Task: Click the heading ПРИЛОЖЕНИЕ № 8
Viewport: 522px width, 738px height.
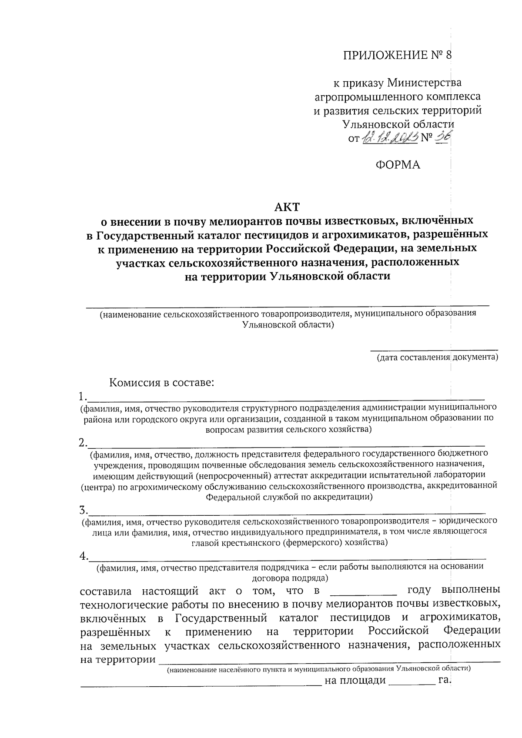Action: pos(398,55)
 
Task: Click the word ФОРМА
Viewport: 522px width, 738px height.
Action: pos(398,165)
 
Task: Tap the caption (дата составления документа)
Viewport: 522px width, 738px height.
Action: pos(437,357)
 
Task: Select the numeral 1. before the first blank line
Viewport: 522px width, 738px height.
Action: pos(83,396)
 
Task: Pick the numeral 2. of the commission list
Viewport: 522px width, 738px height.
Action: pos(83,443)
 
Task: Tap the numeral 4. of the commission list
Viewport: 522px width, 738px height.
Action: pos(84,556)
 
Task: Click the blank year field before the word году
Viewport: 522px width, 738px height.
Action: pos(364,591)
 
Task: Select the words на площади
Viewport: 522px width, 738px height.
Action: pos(355,681)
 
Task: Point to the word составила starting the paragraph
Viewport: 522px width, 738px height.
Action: pos(107,591)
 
